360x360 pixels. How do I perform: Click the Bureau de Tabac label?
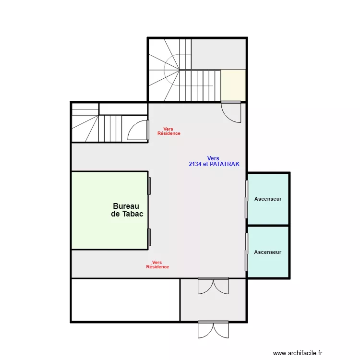click(x=127, y=210)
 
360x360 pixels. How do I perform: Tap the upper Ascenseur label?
click(x=268, y=199)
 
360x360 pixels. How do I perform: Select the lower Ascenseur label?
click(x=268, y=252)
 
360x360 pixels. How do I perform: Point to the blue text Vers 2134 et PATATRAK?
click(x=214, y=161)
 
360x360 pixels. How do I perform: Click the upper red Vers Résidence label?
click(x=169, y=131)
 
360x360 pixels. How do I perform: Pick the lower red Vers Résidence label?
click(x=157, y=264)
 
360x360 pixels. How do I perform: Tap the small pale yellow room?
click(x=234, y=85)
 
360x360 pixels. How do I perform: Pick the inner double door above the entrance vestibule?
click(x=213, y=286)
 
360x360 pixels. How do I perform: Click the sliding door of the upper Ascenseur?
click(x=247, y=199)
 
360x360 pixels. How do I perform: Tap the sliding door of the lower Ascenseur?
click(x=247, y=252)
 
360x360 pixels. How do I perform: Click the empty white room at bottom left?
click(x=125, y=300)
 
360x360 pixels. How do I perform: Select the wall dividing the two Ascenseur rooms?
click(x=268, y=225)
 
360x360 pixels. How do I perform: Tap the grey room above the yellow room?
click(x=218, y=54)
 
